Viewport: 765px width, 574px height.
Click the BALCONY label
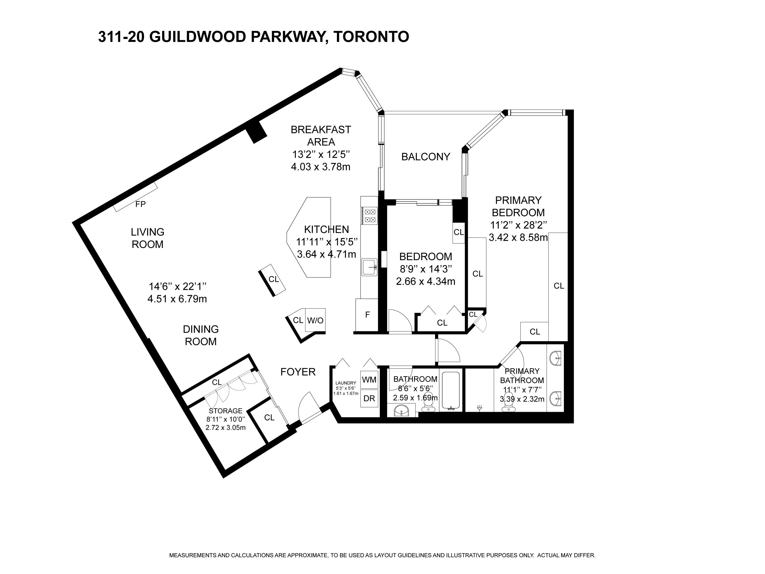coord(425,157)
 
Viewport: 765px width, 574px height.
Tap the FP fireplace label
coord(140,204)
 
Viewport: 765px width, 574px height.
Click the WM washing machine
coord(369,379)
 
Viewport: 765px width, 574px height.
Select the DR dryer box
coord(369,398)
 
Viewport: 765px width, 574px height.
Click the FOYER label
coord(298,372)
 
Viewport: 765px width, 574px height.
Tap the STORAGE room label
coord(226,411)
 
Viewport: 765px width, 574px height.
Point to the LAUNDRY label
coord(345,383)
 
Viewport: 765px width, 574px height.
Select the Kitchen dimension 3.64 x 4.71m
coord(326,254)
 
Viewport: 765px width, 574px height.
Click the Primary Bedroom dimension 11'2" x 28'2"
coord(518,225)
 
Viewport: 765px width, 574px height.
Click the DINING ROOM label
coord(201,335)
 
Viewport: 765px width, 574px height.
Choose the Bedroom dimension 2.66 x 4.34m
coord(425,281)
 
